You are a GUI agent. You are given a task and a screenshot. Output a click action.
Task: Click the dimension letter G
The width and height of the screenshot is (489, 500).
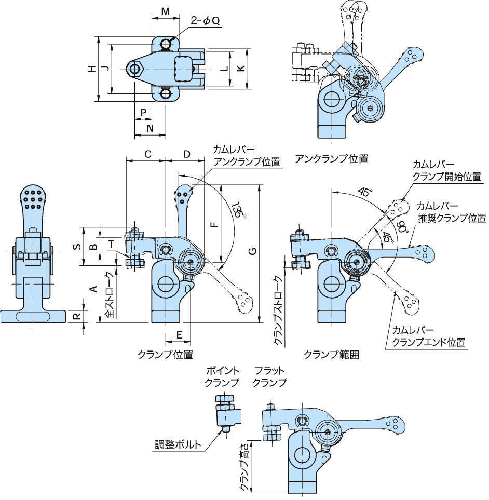point(252,252)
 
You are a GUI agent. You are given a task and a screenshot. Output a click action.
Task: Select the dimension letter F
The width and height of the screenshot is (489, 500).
point(214,225)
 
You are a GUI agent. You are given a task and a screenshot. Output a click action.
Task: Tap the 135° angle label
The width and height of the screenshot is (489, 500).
point(237,210)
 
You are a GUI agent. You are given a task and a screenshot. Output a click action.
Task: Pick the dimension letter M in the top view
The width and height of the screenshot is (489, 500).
point(165,11)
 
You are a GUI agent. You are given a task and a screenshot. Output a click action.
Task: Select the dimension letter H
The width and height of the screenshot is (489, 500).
point(91,69)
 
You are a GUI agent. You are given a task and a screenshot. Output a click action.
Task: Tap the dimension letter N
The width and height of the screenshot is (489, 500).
point(150,128)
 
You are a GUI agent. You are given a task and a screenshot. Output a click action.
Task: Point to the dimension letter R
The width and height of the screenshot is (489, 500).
point(76,316)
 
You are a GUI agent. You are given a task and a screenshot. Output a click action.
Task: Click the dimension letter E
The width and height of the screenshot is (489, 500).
point(178,335)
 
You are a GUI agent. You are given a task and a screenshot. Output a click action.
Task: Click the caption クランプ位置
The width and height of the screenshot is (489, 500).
point(165,355)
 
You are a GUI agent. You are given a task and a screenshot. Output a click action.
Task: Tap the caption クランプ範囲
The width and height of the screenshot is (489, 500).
point(331,355)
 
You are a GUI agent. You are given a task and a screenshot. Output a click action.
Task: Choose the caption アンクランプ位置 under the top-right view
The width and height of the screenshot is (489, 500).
point(331,158)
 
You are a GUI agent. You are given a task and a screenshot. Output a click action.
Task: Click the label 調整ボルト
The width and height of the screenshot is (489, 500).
point(178,444)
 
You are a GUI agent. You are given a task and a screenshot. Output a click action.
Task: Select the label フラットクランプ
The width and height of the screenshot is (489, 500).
point(269,377)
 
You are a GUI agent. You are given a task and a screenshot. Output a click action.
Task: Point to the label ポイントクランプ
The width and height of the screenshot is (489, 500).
point(223,377)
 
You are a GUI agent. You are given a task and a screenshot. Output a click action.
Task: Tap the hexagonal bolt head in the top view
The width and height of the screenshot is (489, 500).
point(136,69)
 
